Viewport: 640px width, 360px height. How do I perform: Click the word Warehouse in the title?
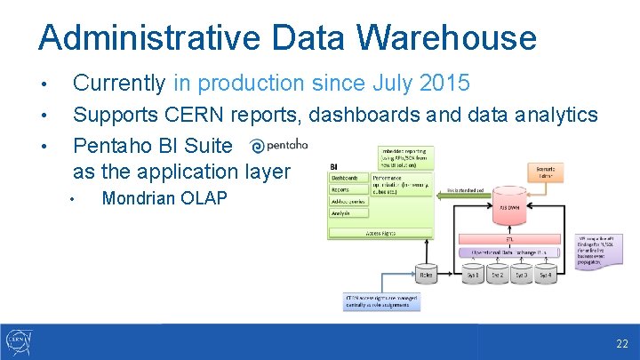click(447, 38)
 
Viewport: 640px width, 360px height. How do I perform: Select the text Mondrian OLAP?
click(164, 198)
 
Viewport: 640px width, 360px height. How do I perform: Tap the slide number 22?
click(620, 343)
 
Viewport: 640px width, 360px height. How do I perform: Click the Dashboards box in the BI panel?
click(345, 178)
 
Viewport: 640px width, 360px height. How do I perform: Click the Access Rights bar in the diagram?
click(380, 233)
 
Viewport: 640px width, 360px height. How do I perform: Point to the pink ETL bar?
click(508, 240)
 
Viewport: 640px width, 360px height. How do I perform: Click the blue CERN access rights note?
click(381, 301)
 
